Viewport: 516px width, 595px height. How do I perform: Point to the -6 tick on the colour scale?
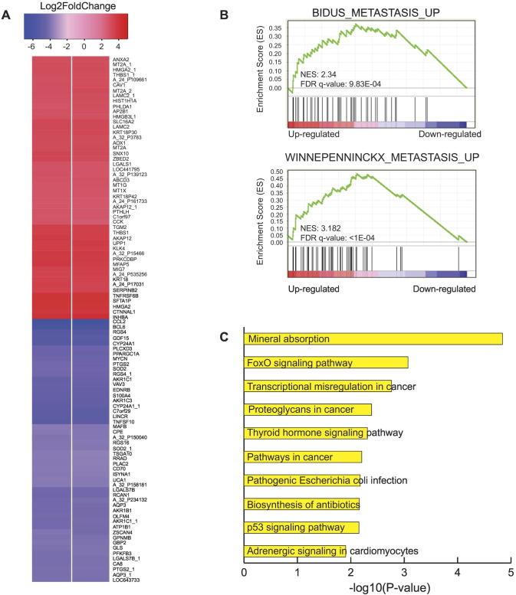pos(36,44)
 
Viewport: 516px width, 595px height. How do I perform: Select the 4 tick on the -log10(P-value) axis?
pos(458,571)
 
